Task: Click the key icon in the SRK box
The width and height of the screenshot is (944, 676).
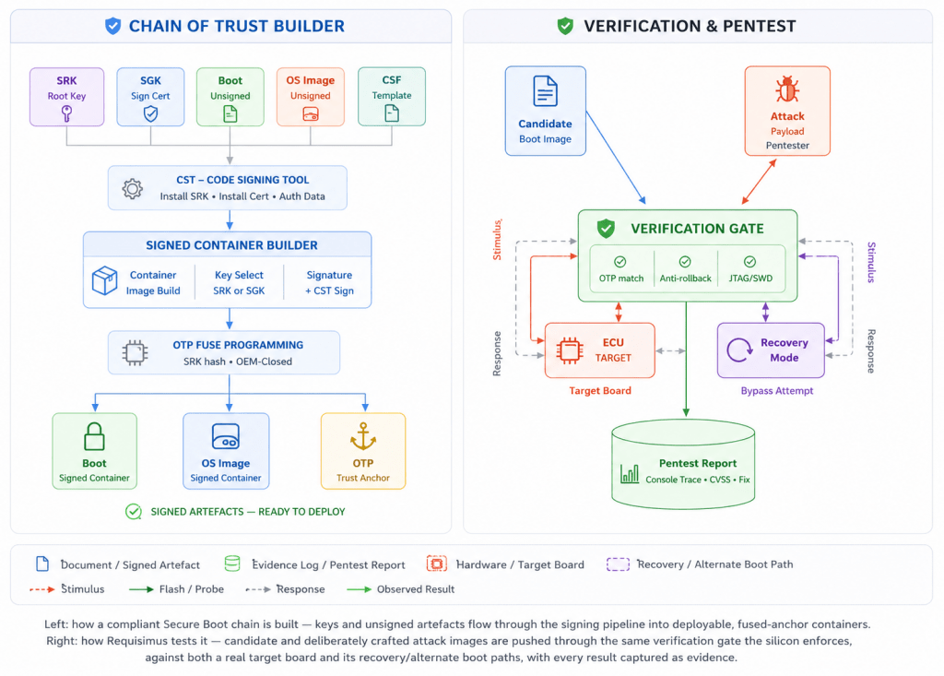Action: (66, 113)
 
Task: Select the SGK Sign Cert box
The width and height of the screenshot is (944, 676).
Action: (150, 97)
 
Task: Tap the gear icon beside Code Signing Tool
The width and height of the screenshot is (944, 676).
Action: (133, 188)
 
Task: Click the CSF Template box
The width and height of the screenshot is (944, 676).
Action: (392, 97)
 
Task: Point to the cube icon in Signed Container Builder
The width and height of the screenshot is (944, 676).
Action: (105, 280)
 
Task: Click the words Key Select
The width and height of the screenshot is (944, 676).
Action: (239, 275)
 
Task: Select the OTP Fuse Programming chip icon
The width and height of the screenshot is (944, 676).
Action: (135, 352)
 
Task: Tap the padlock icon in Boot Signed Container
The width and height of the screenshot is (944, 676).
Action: (95, 437)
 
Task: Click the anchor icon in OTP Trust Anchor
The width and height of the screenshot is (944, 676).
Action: (363, 436)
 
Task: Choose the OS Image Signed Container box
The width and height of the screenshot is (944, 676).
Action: (226, 451)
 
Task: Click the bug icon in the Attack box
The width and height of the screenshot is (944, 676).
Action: (787, 89)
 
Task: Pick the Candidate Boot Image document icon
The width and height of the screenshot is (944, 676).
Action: (546, 91)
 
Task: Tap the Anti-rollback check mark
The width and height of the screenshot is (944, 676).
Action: (685, 262)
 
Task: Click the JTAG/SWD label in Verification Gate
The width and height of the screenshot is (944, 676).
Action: (750, 279)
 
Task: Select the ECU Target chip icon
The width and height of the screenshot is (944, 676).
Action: (570, 350)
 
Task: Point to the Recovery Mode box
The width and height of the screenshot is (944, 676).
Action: (772, 350)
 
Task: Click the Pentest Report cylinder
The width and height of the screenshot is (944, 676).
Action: (683, 464)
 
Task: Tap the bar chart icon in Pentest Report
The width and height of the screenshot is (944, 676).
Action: (630, 473)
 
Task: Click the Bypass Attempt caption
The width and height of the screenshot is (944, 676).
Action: (776, 390)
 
